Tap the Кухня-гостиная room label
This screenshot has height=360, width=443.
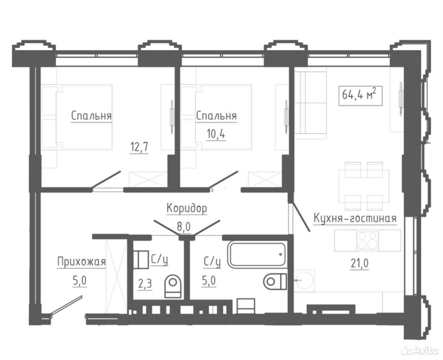tap(355, 218)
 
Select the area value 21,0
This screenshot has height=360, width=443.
tap(360, 264)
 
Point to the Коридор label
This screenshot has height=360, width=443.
tap(187, 209)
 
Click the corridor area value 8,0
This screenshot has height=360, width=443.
tap(184, 227)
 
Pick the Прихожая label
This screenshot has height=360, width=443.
tap(82, 262)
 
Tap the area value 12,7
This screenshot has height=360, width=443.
tap(139, 147)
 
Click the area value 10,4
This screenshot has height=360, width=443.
tap(216, 134)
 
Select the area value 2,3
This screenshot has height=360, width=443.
tap(145, 284)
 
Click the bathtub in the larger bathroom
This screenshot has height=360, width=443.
tap(257, 254)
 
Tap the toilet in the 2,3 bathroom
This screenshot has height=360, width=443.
tap(172, 286)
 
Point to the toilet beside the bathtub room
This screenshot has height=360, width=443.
tap(275, 281)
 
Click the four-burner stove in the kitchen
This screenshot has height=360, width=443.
tap(367, 240)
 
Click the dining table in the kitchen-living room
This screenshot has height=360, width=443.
tap(364, 186)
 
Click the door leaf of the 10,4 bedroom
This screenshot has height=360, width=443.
tap(224, 179)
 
